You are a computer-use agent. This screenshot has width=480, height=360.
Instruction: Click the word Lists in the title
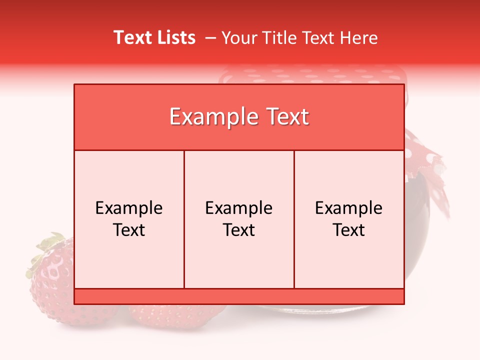[175, 37]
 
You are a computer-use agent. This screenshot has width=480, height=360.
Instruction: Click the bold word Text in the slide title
[132, 37]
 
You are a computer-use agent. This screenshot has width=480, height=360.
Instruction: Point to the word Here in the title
[358, 38]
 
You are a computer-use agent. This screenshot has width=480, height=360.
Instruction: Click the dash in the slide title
[210, 38]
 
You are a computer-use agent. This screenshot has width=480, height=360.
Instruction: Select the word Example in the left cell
[129, 208]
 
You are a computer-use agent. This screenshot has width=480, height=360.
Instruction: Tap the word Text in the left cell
[129, 230]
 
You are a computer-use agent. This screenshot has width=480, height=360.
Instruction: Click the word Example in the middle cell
[239, 208]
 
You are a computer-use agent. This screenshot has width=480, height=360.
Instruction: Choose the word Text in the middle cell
[239, 230]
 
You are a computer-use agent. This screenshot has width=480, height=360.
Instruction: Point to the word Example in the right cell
[348, 208]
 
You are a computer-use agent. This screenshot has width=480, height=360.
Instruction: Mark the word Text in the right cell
[348, 230]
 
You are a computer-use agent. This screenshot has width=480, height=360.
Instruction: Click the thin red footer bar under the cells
[239, 296]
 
